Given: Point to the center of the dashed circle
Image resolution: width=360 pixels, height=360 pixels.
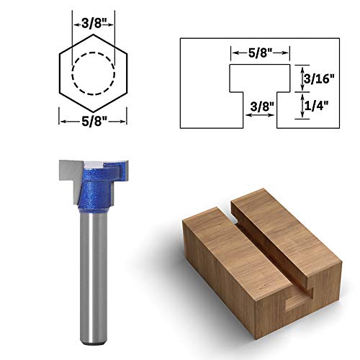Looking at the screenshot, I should (91, 72).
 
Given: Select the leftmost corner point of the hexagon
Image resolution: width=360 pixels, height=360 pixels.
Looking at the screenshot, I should (57, 72).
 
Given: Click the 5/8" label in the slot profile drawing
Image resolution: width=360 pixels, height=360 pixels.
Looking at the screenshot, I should (261, 52).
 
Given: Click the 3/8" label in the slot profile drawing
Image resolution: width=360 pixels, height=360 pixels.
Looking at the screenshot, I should (260, 105).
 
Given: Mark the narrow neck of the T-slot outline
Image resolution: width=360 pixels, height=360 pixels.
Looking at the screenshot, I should (261, 108).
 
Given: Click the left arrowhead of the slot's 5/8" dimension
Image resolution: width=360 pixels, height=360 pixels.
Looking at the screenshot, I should (233, 53).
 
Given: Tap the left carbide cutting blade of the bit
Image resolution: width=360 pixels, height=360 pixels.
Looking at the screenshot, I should (67, 170).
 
